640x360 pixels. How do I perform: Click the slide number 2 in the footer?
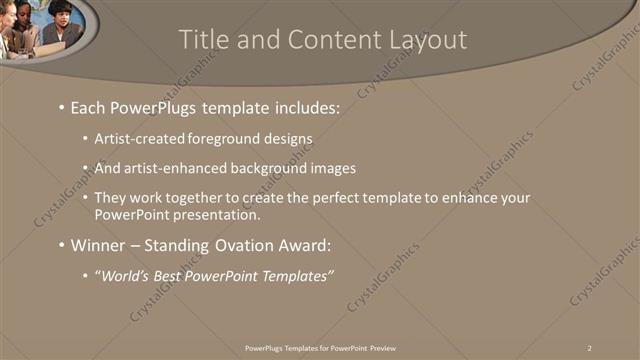[590, 347]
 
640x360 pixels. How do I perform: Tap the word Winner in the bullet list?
[100, 245]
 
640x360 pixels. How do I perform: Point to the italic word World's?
[125, 275]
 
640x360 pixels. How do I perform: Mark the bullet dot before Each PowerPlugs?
[62, 106]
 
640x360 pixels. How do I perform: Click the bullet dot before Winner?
[62, 245]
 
